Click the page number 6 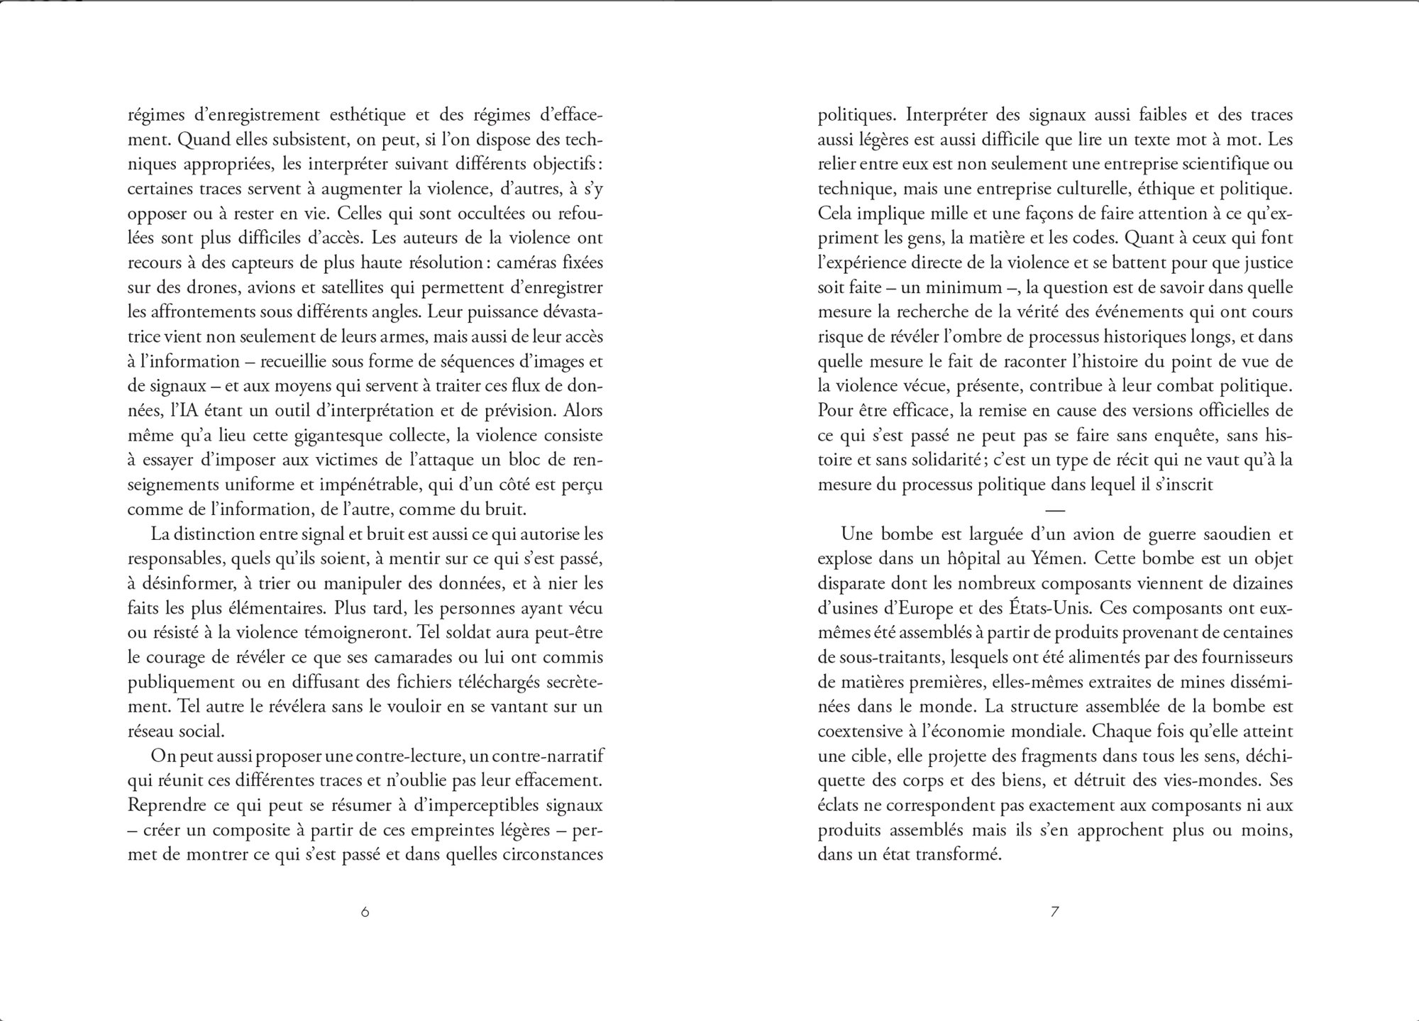click(x=365, y=912)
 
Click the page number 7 click(x=1054, y=912)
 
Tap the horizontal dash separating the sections click(x=1056, y=509)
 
